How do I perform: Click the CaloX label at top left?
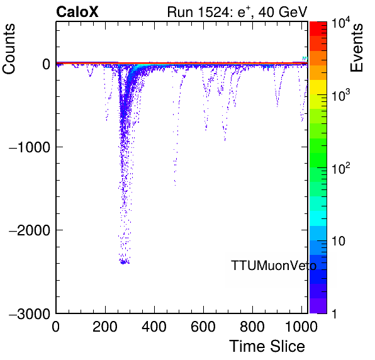[77, 11]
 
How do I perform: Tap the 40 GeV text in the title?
[283, 12]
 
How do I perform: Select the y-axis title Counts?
[9, 49]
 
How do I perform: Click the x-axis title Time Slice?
[267, 346]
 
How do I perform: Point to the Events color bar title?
[356, 48]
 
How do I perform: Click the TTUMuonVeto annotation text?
[274, 266]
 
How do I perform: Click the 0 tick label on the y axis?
[46, 64]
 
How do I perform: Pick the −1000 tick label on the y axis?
[30, 147]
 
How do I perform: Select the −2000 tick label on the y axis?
[30, 230]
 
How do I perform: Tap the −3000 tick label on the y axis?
[30, 313]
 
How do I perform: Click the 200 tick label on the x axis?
[105, 326]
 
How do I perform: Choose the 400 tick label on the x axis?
[154, 326]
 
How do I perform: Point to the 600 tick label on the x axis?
[203, 326]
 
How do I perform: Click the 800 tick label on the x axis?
[252, 326]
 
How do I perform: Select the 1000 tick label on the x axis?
[301, 326]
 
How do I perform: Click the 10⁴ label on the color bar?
[340, 23]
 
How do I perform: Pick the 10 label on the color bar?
[339, 241]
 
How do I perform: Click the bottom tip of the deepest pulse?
[123, 263]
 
